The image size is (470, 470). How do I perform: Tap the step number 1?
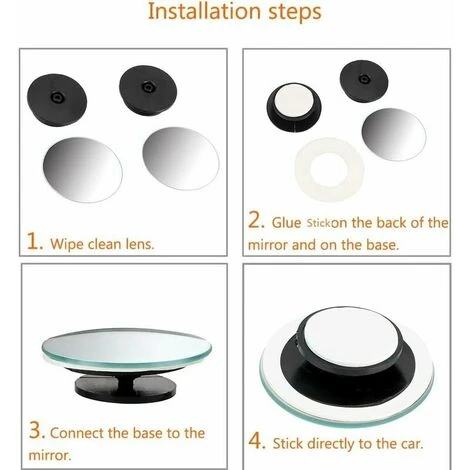pyautogui.click(x=34, y=241)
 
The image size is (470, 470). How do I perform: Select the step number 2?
pyautogui.click(x=255, y=220)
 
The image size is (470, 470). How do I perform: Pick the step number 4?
pyautogui.click(x=256, y=441)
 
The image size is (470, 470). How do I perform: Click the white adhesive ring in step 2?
pyautogui.click(x=329, y=170)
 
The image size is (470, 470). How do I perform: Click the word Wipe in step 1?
pyautogui.click(x=67, y=244)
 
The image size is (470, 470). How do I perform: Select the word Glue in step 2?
pyautogui.click(x=286, y=223)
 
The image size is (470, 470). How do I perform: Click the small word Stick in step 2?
pyautogui.click(x=318, y=223)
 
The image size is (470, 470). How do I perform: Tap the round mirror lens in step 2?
pyautogui.click(x=394, y=134)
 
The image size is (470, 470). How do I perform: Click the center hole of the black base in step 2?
pyautogui.click(x=364, y=79)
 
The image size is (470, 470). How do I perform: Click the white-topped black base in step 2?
pyautogui.click(x=294, y=107)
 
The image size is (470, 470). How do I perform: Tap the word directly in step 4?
pyautogui.click(x=330, y=444)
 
